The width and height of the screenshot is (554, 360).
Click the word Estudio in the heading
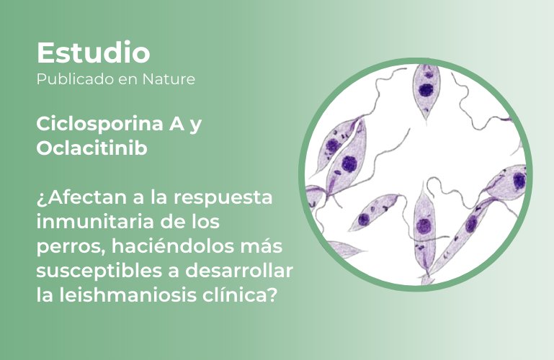tap(93, 53)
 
